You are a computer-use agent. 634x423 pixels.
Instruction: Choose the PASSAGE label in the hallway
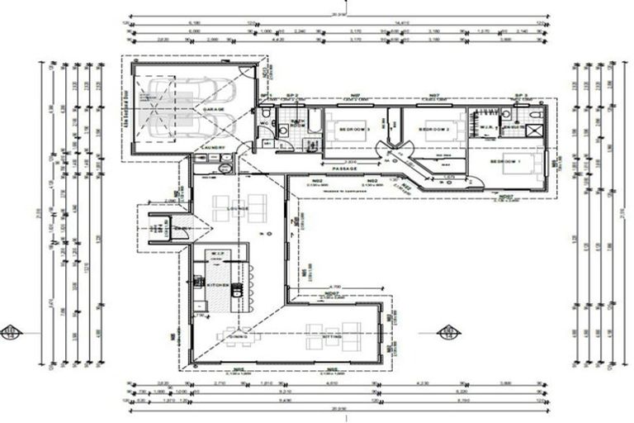pyautogui.click(x=346, y=169)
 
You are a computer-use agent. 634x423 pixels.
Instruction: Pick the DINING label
pyautogui.click(x=239, y=337)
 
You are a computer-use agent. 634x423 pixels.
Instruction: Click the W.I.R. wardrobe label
pyautogui.click(x=487, y=128)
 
